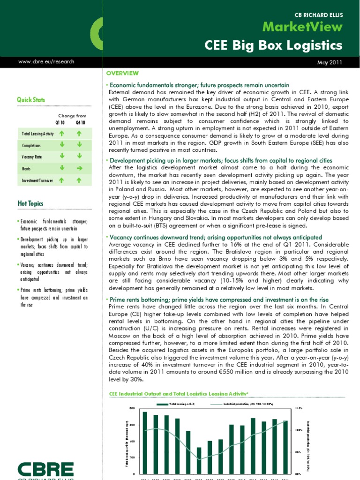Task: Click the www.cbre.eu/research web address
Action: click(46, 61)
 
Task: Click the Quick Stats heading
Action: click(31, 100)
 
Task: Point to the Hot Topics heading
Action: click(30, 203)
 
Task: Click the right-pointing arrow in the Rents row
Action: click(79, 168)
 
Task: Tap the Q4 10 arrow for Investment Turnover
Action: click(79, 180)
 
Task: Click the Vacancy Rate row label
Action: click(32, 157)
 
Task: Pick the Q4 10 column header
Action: click(80, 122)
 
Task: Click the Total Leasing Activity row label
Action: click(37, 134)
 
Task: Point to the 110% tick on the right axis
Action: click(299, 408)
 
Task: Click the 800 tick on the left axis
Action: click(132, 408)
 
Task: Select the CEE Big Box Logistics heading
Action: click(274, 45)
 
